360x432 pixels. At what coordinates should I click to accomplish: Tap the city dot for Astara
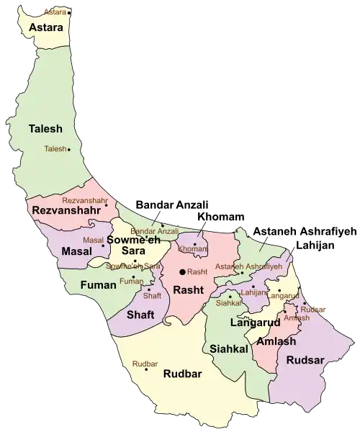[69, 12]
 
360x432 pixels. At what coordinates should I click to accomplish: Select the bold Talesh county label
[45, 129]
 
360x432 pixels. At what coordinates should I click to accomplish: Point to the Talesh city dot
[68, 150]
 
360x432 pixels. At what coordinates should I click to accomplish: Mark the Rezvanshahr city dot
[107, 205]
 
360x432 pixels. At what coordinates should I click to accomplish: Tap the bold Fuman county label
[98, 285]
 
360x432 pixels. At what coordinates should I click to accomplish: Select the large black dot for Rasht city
[182, 271]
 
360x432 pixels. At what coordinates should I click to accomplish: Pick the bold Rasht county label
[187, 289]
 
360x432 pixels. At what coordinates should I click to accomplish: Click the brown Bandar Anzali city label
[154, 230]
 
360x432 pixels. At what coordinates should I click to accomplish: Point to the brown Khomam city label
[192, 248]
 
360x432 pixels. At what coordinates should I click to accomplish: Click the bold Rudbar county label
[182, 373]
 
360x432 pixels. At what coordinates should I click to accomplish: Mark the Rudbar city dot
[146, 369]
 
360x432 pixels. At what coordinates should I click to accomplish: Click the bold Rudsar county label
[303, 359]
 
